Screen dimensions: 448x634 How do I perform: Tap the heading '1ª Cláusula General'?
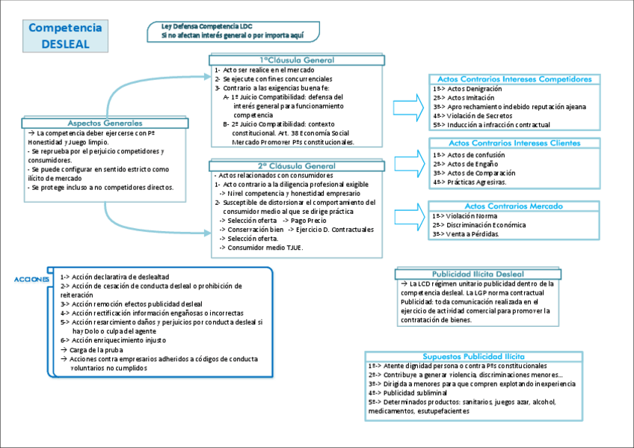(x=297, y=60)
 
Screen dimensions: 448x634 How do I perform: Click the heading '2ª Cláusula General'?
(x=297, y=166)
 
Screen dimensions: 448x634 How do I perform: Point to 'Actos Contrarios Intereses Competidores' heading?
(x=514, y=79)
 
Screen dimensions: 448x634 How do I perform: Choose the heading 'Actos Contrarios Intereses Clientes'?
(x=514, y=143)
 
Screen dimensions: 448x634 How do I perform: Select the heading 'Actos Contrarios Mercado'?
(x=514, y=206)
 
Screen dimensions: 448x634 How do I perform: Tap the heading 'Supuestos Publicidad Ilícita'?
(x=474, y=356)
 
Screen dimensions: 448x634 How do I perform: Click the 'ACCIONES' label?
(x=31, y=280)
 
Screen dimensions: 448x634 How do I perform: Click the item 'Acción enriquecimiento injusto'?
(x=117, y=340)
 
